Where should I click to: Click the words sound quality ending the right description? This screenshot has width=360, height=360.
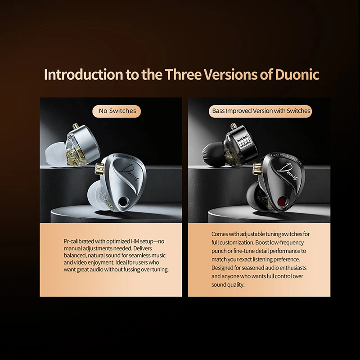228,284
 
